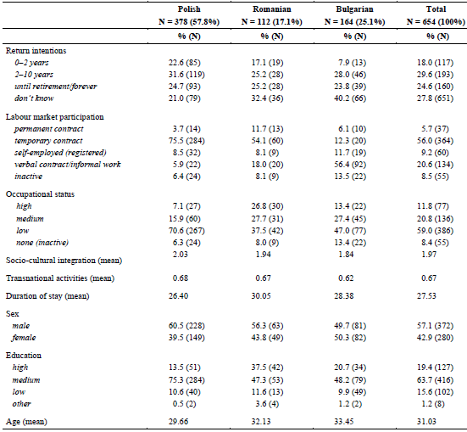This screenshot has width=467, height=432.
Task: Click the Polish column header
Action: (x=189, y=9)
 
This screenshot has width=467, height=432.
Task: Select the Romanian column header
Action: (x=272, y=9)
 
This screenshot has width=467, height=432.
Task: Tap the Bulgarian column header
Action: (x=354, y=9)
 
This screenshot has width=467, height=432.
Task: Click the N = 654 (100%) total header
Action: (x=436, y=22)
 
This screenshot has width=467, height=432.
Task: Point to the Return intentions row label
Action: (x=36, y=51)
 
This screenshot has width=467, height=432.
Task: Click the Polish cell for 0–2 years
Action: (x=185, y=63)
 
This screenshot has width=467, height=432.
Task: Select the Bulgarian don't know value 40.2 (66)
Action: (x=350, y=98)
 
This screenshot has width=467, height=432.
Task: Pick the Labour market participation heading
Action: (x=55, y=117)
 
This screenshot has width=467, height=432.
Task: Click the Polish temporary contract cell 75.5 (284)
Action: (x=186, y=141)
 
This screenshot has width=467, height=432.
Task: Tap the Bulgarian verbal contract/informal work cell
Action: (x=350, y=165)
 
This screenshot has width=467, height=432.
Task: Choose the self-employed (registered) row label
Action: (x=60, y=153)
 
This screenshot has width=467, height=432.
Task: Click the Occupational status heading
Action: (x=40, y=194)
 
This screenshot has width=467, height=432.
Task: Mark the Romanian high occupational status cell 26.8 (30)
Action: (x=268, y=206)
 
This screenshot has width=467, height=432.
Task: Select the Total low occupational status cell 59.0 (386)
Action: (x=435, y=231)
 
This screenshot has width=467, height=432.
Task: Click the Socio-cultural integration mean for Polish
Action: (x=181, y=255)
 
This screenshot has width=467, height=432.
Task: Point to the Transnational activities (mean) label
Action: (x=60, y=278)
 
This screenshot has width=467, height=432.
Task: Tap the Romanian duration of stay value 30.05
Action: (x=261, y=296)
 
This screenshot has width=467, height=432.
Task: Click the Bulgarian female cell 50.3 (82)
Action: (x=350, y=338)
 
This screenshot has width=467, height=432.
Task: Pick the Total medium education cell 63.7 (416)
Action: (x=435, y=380)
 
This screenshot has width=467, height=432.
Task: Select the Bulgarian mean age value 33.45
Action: (x=344, y=422)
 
